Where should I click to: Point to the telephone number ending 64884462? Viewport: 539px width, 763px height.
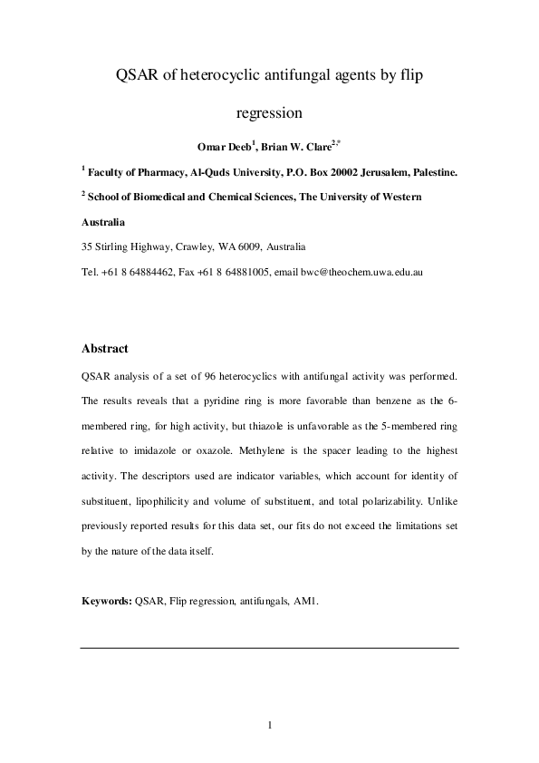(x=145, y=271)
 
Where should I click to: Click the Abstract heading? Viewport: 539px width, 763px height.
(x=105, y=348)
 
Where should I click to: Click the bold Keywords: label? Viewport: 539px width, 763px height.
(x=107, y=600)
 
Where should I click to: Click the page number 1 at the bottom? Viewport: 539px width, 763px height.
(x=270, y=724)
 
